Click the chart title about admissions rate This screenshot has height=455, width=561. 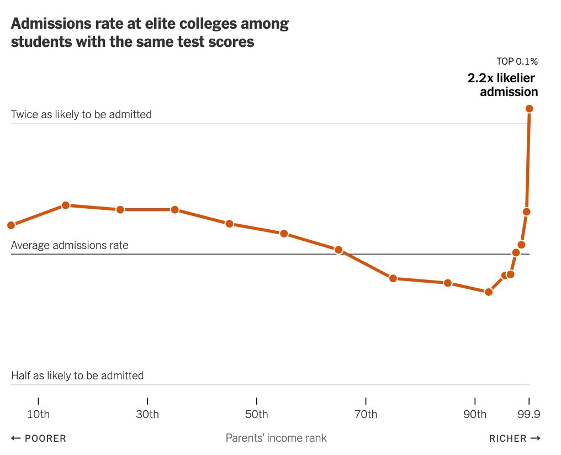150,33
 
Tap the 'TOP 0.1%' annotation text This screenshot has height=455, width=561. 517,61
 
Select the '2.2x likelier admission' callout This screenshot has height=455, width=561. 502,84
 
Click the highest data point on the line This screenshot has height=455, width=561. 529,108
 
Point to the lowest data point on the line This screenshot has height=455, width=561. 488,292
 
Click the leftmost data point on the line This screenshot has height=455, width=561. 11,225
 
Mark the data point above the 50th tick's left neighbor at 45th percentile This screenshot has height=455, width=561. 229,224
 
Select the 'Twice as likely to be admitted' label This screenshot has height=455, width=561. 81,114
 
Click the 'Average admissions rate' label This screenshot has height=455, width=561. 70,245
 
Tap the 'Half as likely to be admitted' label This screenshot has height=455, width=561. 77,375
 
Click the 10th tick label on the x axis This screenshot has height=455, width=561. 38,414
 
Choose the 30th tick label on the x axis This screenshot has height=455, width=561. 147,414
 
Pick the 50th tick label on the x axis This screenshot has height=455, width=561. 257,414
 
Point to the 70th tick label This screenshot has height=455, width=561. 366,414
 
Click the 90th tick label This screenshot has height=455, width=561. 475,414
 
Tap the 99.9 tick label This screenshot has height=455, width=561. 529,414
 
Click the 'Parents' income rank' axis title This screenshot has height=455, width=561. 276,438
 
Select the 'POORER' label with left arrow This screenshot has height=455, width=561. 39,438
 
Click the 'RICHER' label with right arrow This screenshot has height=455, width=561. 514,438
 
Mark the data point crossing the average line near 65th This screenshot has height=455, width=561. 338,250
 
